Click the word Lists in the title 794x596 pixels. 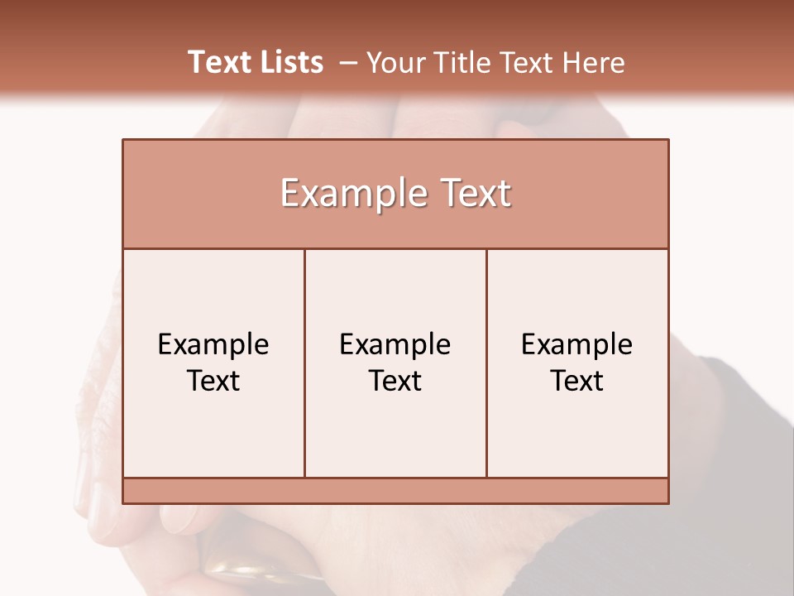(289, 62)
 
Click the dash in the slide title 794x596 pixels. (348, 63)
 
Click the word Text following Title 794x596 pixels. (528, 62)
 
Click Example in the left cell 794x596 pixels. (213, 344)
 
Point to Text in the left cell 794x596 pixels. (213, 381)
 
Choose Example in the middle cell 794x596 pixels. (395, 344)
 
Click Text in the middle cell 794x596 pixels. (395, 381)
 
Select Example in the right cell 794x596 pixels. (576, 344)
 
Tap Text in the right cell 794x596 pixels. (576, 381)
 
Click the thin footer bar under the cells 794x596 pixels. (395, 491)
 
